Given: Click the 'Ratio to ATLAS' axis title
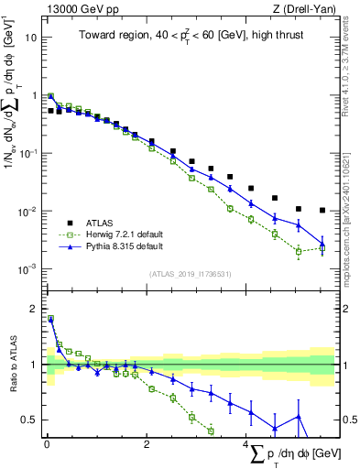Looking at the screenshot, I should coord(12,365).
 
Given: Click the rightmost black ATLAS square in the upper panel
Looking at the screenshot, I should coord(322,210).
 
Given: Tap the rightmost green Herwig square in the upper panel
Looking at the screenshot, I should coord(322,248).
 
